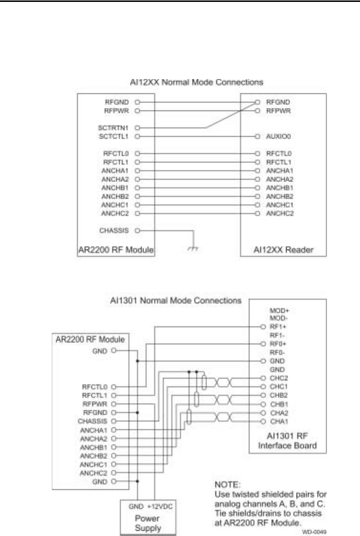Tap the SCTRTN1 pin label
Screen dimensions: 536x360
pos(119,128)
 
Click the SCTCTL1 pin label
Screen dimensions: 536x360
pos(119,136)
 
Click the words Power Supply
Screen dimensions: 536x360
pos(147,520)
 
